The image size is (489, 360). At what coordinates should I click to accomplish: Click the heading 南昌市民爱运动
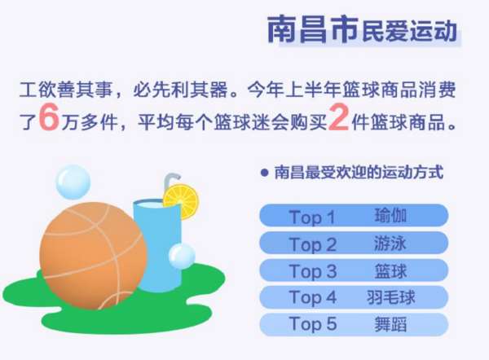point(363,30)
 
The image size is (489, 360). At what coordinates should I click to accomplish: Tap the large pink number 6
point(49,117)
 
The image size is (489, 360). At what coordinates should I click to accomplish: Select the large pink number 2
point(338,117)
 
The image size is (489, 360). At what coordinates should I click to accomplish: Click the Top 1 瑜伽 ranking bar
point(354,215)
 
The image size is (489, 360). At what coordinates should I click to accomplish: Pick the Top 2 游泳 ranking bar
point(354,243)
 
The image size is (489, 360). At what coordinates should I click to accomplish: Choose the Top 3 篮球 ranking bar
point(354,270)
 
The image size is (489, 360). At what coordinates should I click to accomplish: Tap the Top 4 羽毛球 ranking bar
point(354,297)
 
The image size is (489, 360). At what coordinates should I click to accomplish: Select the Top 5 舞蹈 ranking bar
point(354,324)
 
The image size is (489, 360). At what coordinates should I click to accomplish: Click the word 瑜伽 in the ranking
point(390,215)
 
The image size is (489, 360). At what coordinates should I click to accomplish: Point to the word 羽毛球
point(390,297)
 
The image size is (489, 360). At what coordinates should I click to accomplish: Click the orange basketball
point(93,256)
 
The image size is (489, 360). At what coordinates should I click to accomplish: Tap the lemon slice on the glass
point(181,202)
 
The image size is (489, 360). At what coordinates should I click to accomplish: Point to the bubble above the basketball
point(73,182)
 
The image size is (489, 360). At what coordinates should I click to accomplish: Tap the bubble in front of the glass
point(182,257)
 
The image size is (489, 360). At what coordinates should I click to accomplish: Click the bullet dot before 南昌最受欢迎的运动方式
point(264,173)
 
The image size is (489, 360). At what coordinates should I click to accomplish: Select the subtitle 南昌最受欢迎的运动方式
point(359,173)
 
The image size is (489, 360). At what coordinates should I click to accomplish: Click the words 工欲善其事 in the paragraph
point(65,90)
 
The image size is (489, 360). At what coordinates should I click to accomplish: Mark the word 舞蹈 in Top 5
point(390,324)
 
